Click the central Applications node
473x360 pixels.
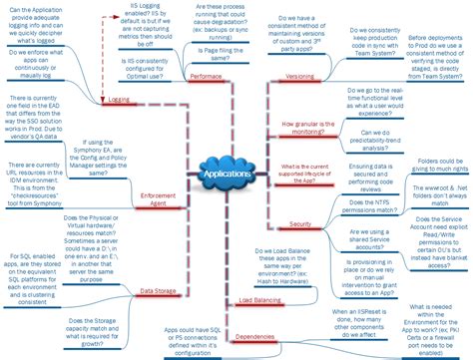[227, 177]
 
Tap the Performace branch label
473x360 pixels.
[205, 76]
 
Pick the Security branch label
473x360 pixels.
[299, 225]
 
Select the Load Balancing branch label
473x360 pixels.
[259, 299]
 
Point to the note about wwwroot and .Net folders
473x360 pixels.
[431, 218]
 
